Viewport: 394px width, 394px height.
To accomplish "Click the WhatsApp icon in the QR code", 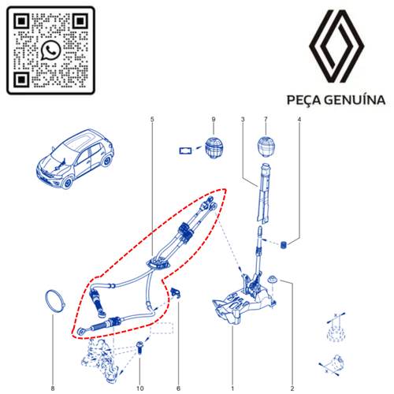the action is pyautogui.click(x=50, y=50).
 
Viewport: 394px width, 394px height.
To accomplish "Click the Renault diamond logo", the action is pyautogui.click(x=336, y=46).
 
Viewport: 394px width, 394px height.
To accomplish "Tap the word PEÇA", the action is pyautogui.click(x=304, y=100).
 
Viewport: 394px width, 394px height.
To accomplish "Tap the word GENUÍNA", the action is pyautogui.click(x=355, y=100).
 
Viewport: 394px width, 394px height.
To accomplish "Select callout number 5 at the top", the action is pyautogui.click(x=152, y=120).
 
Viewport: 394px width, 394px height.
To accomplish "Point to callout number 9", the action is pyautogui.click(x=214, y=120).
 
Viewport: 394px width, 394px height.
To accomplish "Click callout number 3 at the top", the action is pyautogui.click(x=243, y=120).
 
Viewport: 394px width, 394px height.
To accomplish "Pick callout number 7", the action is pyautogui.click(x=266, y=120).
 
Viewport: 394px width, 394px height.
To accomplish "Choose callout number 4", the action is pyautogui.click(x=299, y=120).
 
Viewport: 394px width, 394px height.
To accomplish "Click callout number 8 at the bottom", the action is pyautogui.click(x=53, y=388).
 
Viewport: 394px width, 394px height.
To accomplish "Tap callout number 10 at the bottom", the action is pyautogui.click(x=140, y=388).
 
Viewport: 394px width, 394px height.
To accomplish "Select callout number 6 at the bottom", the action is pyautogui.click(x=179, y=388).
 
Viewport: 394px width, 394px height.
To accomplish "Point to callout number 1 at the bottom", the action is pyautogui.click(x=232, y=388).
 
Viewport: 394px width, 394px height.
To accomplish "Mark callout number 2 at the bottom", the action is pyautogui.click(x=292, y=388).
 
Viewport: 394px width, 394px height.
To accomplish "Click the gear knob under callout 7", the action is pyautogui.click(x=266, y=147).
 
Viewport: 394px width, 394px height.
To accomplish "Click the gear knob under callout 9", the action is pyautogui.click(x=214, y=148).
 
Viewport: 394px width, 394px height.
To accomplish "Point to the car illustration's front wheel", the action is pyautogui.click(x=68, y=183).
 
